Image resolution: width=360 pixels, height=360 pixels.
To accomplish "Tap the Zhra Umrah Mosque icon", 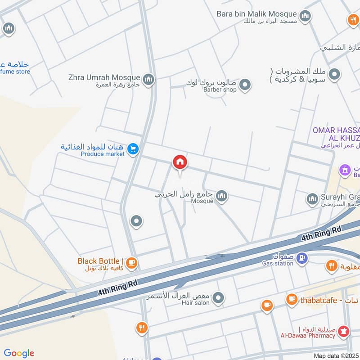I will (x=149, y=80).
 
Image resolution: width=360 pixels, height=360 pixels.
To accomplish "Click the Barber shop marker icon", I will (x=245, y=84).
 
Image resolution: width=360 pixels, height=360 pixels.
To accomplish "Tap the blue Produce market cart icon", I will (x=133, y=148).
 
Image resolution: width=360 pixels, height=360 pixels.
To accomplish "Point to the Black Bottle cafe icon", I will (x=131, y=263).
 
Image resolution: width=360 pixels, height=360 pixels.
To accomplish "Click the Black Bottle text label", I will (x=99, y=261).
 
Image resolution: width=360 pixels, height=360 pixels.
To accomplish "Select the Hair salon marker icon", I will (x=218, y=297).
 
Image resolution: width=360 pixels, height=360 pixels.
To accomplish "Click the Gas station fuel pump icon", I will (x=303, y=258).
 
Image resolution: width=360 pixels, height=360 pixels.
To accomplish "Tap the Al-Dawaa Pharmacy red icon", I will (x=345, y=331).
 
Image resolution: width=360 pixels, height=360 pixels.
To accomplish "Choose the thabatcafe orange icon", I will (x=292, y=299).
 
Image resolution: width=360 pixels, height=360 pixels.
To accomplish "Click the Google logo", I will (x=18, y=353).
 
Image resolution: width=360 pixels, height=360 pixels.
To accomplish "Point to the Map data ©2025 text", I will (x=336, y=356).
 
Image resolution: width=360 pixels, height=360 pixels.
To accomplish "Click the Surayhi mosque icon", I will (x=312, y=198).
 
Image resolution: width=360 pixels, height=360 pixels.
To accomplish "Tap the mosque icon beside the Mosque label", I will (x=221, y=196).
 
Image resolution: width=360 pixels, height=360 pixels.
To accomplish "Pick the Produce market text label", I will (x=103, y=154).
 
